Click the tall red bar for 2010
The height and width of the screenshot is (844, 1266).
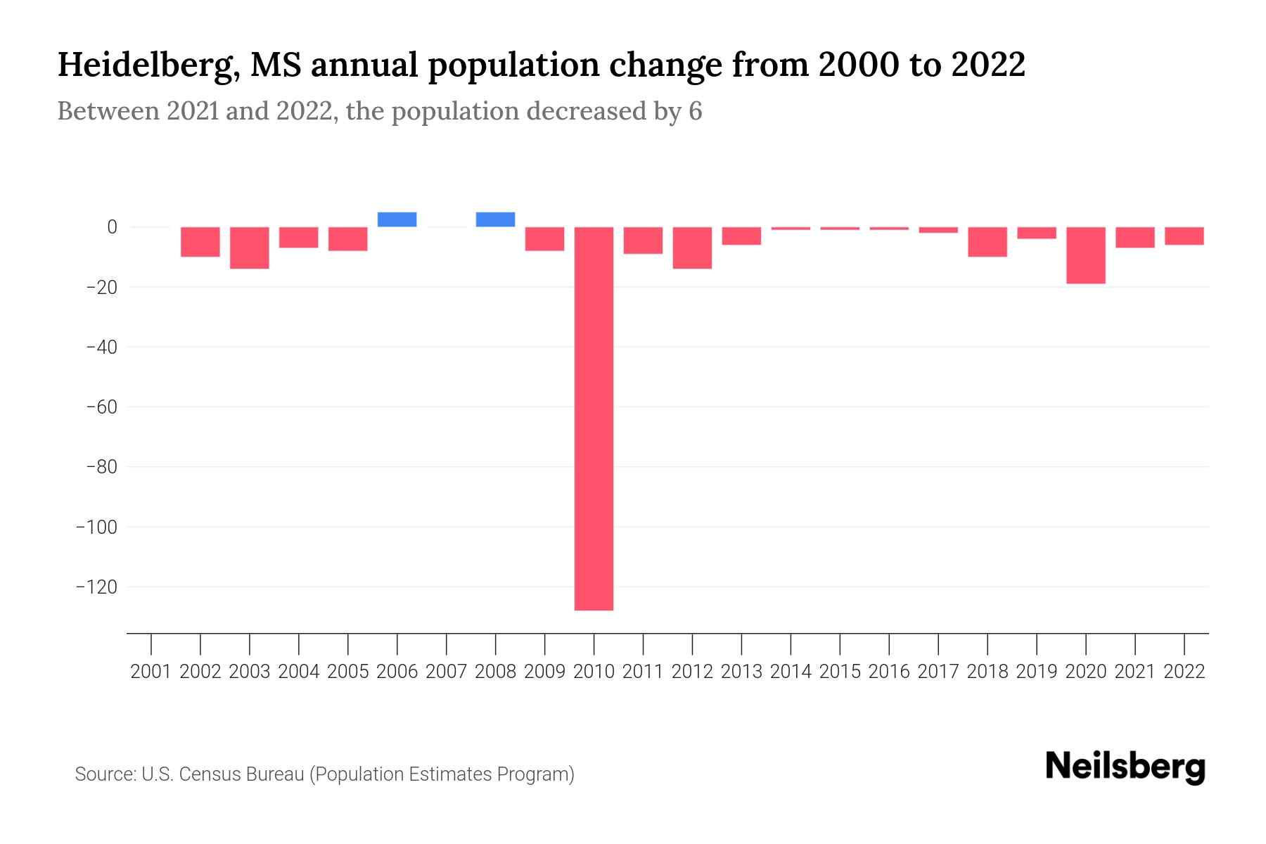(x=594, y=418)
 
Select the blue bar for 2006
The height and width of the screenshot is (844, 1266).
(x=397, y=219)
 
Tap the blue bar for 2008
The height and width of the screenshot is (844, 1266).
(x=495, y=219)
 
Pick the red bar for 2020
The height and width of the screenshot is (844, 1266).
(x=1085, y=255)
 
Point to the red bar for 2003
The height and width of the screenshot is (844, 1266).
(x=250, y=248)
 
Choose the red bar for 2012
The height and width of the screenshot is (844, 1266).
(x=692, y=248)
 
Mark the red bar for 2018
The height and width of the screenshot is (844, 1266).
(x=987, y=242)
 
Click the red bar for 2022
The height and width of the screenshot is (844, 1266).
(x=1184, y=236)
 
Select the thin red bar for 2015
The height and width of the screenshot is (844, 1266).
(x=840, y=229)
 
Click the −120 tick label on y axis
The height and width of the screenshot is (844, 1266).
(x=96, y=587)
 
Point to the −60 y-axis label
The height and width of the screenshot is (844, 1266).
(x=101, y=407)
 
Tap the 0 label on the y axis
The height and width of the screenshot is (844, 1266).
(x=112, y=226)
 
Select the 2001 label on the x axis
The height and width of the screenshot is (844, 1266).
(x=151, y=672)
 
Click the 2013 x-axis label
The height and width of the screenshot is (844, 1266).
(x=741, y=672)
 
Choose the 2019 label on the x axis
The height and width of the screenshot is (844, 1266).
(x=1037, y=672)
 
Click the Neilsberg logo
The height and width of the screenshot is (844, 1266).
(x=1125, y=767)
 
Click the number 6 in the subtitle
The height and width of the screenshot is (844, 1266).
(x=695, y=111)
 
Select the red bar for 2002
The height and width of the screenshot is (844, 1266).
(x=200, y=242)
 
